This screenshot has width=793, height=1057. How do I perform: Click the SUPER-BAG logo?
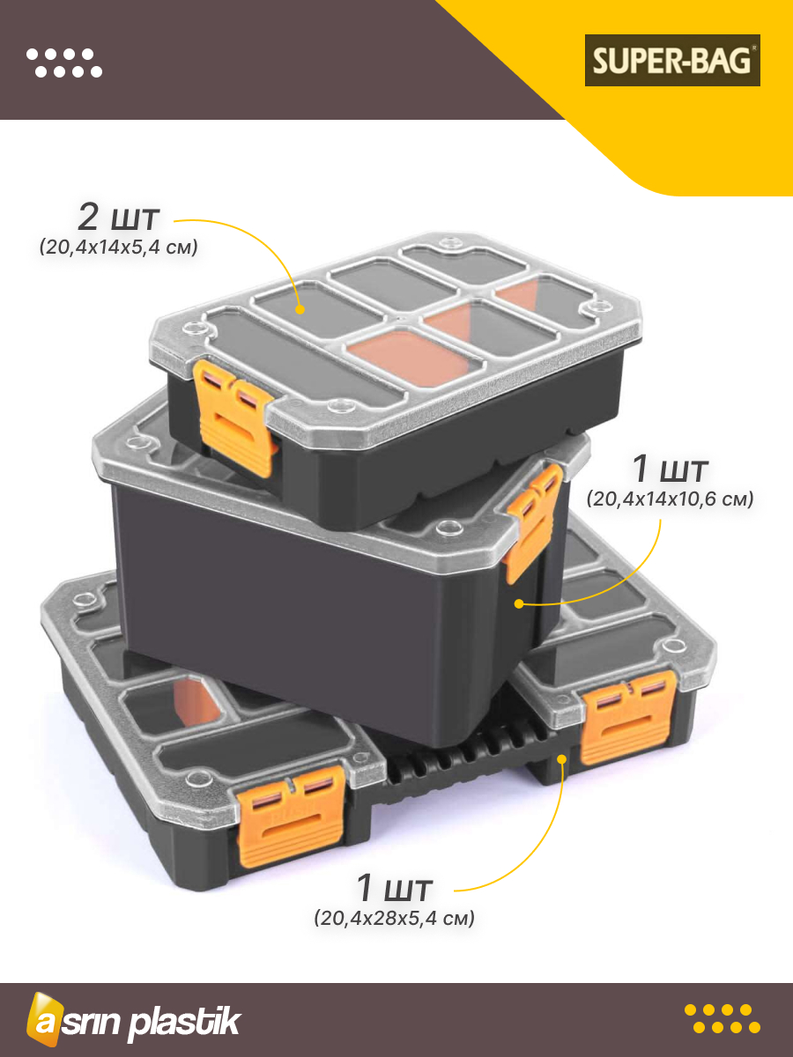tap(672, 60)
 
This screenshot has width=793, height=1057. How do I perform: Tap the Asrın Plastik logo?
tap(133, 1020)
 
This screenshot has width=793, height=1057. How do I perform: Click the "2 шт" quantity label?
tap(118, 218)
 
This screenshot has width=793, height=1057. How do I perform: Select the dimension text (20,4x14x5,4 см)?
tap(118, 247)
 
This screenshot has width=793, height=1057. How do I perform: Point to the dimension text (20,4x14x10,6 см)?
tap(670, 499)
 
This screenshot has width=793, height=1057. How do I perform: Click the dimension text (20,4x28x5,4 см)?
tap(394, 918)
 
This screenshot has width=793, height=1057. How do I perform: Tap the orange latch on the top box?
tap(234, 417)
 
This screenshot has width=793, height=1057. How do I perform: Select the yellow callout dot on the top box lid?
tap(300, 309)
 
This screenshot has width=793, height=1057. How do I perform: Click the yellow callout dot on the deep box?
tap(519, 603)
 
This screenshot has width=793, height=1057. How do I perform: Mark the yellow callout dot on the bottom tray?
tap(561, 759)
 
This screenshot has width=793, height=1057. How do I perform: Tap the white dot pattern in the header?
tap(64, 63)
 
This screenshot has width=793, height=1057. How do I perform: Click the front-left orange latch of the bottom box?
tap(292, 816)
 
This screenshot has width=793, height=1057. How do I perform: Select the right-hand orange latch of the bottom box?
tap(627, 716)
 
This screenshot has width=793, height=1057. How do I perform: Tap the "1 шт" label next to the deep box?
tap(670, 469)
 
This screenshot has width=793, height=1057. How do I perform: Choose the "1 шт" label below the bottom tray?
tap(394, 887)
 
